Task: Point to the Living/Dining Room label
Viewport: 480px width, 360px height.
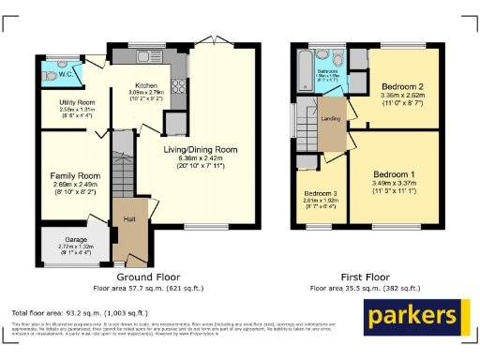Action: tap(200, 149)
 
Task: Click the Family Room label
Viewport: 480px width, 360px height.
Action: tap(74, 175)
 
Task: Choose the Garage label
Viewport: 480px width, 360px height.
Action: tap(67, 238)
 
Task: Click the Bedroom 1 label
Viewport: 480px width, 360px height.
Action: tap(394, 175)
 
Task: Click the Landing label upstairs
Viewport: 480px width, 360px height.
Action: tap(331, 118)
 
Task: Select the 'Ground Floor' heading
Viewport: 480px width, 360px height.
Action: tap(147, 277)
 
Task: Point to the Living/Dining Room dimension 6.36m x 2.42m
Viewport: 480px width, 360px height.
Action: tap(200, 158)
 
